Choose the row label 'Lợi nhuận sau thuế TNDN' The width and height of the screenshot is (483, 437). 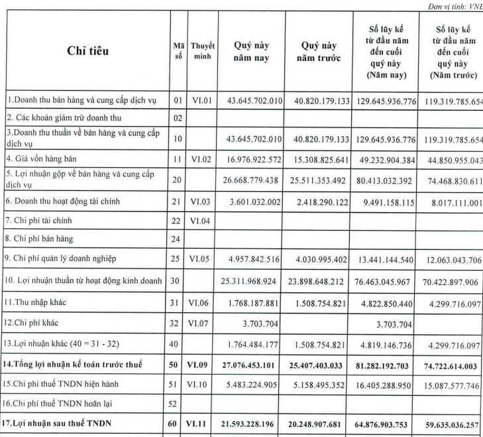coord(59,425)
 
